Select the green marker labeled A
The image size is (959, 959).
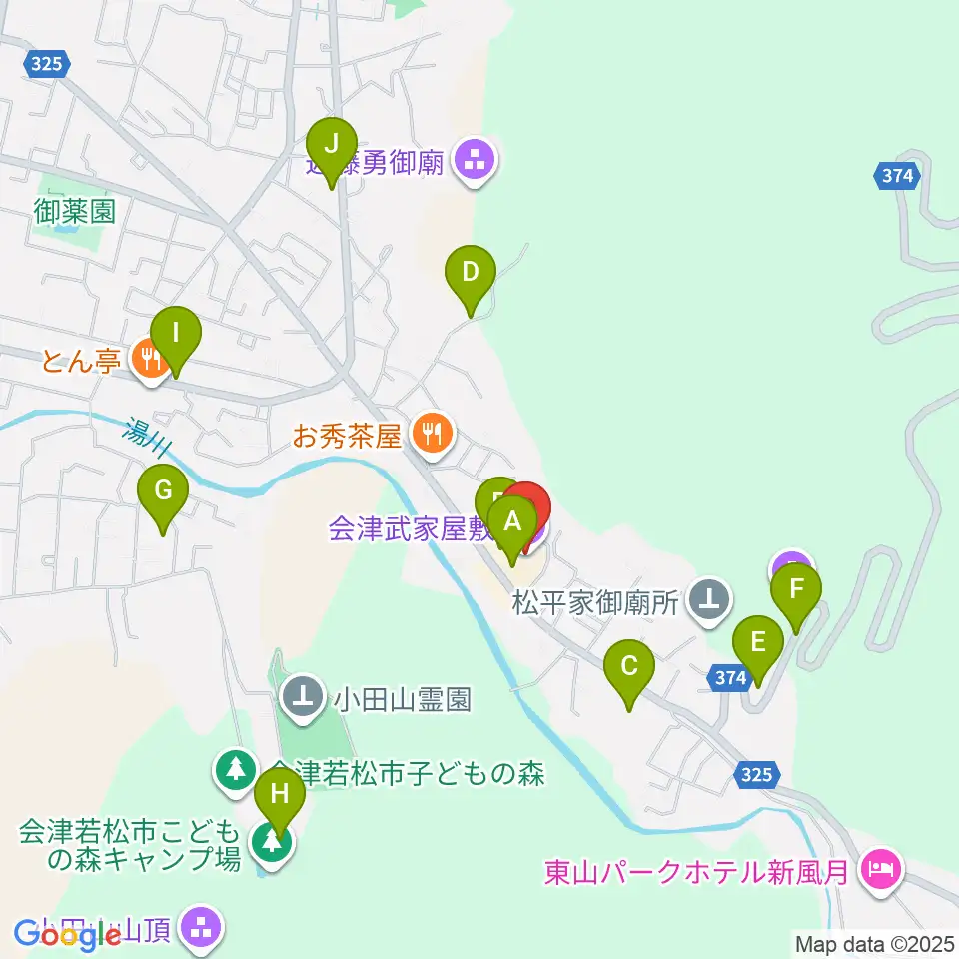tap(512, 522)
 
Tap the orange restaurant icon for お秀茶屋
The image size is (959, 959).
tap(433, 435)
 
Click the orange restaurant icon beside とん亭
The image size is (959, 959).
tap(151, 360)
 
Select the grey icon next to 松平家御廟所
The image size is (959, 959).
tap(711, 599)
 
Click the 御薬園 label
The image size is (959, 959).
tap(75, 211)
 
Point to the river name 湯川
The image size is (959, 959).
tap(147, 438)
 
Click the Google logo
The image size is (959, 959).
tap(67, 935)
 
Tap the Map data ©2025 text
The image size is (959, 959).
tap(876, 943)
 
